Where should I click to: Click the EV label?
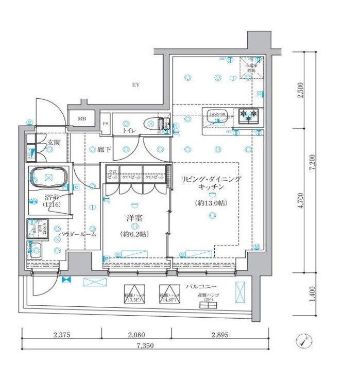(x=136, y=84)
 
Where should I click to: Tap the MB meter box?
(x=82, y=119)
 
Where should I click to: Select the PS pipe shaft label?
(x=106, y=124)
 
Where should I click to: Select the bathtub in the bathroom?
(x=48, y=178)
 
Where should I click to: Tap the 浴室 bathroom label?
(x=51, y=198)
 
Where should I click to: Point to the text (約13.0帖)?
(x=210, y=203)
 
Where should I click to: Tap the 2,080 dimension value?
(x=136, y=335)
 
